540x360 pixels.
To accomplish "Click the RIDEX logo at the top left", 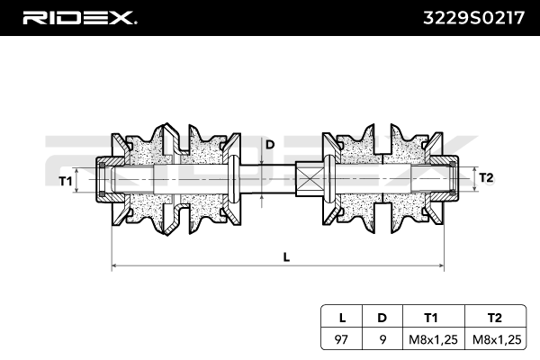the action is click(80, 17).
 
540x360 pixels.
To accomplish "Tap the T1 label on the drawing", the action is click(65, 182).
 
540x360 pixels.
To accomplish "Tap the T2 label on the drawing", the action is click(486, 177).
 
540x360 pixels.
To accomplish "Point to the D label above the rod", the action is click(269, 143).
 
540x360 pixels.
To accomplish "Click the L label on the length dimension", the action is click(286, 256).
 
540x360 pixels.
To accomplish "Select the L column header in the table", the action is click(341, 317).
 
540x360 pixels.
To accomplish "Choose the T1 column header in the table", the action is click(431, 317).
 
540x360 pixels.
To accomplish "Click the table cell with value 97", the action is click(341, 339).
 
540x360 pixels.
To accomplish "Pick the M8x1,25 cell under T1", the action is click(431, 339).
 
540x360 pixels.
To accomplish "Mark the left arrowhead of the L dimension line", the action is click(114, 266).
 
